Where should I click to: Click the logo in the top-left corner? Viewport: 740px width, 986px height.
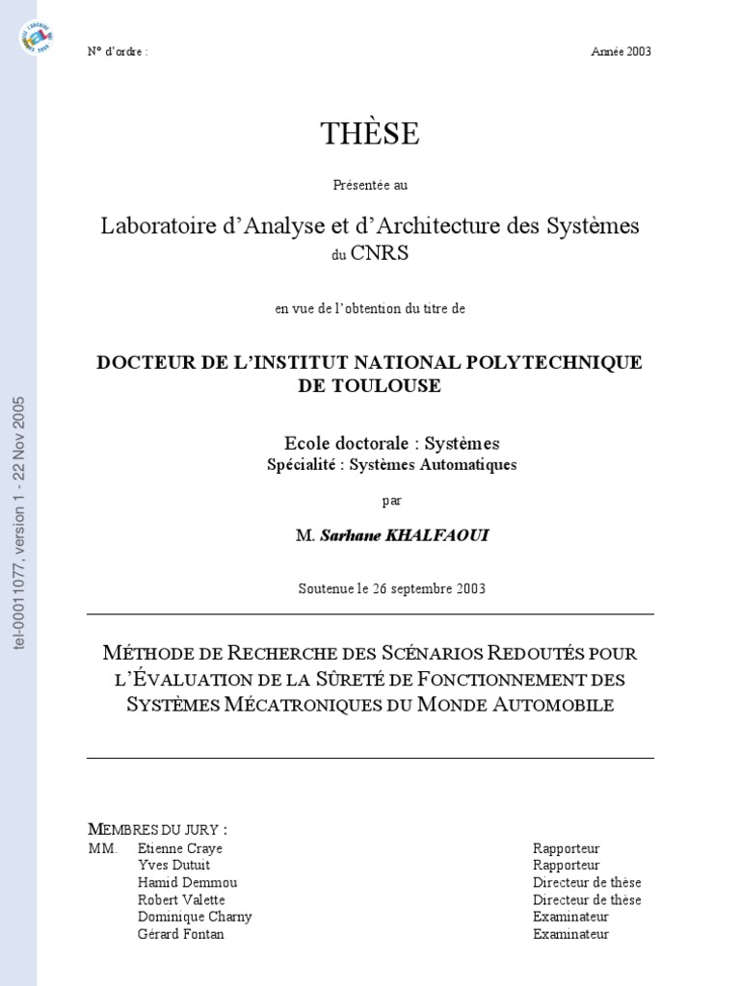tap(36, 38)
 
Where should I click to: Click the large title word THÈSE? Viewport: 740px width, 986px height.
tap(370, 135)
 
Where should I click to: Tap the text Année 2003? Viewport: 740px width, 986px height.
tap(621, 52)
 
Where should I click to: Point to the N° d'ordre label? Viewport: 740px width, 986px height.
tap(118, 52)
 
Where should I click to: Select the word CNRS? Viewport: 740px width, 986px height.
tap(379, 253)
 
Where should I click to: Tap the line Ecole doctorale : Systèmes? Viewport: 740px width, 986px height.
tap(391, 444)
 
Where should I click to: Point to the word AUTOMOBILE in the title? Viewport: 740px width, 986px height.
tap(554, 704)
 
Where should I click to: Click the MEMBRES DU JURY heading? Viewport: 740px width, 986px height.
tap(157, 829)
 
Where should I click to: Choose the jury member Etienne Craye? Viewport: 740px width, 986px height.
tap(180, 848)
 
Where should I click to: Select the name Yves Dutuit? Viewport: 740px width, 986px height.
tap(173, 866)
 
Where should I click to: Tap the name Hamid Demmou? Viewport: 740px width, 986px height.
tap(187, 883)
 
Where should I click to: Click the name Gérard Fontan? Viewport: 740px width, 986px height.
tap(181, 934)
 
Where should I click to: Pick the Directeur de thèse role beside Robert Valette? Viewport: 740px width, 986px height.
tap(587, 900)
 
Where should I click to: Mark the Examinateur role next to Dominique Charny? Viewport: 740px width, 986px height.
tap(570, 917)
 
